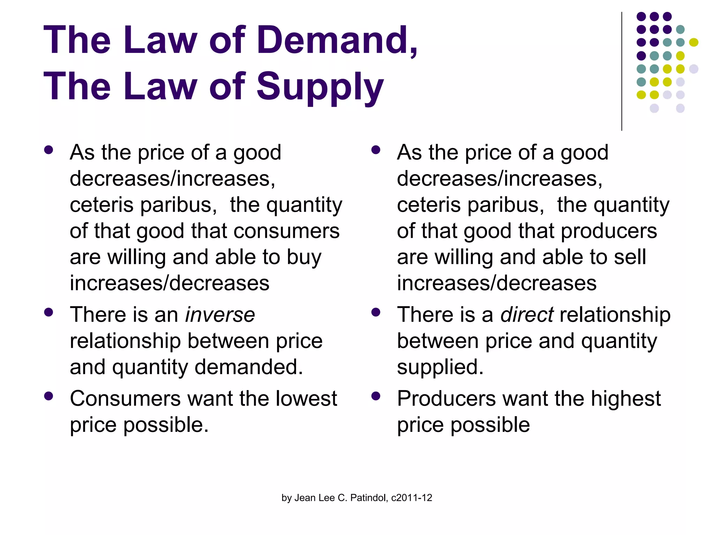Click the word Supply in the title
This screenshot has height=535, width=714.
point(320,87)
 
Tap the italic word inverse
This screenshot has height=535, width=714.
point(220,315)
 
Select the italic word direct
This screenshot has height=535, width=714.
point(527,315)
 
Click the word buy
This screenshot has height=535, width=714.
point(304,258)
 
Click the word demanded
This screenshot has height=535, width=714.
point(249,367)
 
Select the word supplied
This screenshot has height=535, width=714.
point(440,368)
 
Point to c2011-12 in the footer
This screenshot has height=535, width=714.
point(412,498)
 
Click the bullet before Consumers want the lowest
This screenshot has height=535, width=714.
point(48,396)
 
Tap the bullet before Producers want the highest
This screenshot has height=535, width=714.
point(375,396)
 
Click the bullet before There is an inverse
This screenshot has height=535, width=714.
point(48,312)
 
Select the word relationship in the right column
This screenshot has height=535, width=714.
point(615,315)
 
